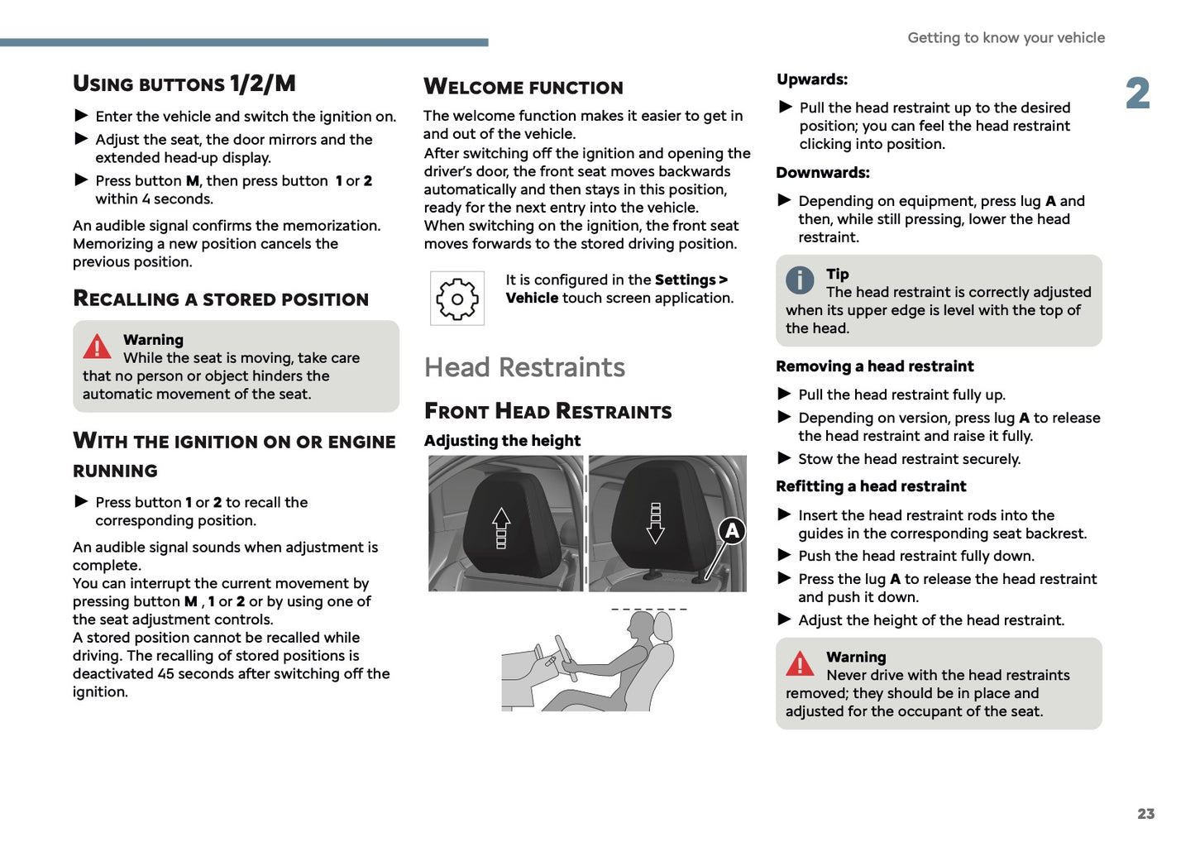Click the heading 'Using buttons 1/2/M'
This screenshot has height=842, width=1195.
point(184,84)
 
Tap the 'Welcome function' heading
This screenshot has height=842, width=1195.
point(523,87)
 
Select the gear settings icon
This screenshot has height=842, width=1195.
point(457,298)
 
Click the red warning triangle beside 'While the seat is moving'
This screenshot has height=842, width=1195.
point(97,347)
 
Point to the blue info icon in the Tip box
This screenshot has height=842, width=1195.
point(800,280)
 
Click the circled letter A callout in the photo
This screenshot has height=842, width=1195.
point(732,531)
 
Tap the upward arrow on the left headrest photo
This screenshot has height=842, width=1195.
point(501,528)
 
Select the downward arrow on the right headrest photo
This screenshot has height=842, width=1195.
point(656,523)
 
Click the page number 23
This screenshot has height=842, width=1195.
point(1145,814)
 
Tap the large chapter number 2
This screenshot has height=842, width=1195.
point(1138,93)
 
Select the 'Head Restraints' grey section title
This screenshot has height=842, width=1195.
point(524,367)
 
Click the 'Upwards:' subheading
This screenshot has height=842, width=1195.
point(812,79)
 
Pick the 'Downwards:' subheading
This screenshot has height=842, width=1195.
point(823,173)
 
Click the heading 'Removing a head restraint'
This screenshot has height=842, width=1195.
point(874,366)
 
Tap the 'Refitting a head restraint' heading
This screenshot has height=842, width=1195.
point(871,486)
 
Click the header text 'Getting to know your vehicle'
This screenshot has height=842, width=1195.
point(1006,37)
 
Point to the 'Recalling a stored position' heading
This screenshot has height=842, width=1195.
point(221,299)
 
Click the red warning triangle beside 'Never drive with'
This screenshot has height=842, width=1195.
point(800,664)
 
